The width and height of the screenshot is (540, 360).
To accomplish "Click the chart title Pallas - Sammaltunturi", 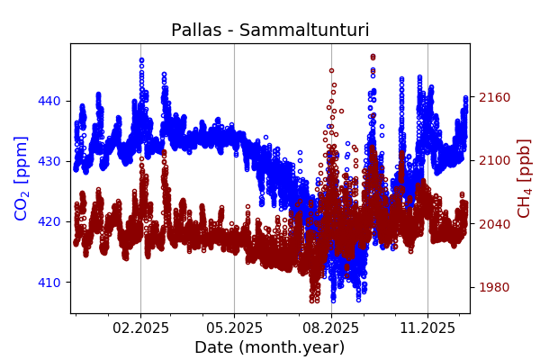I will [x=270, y=31].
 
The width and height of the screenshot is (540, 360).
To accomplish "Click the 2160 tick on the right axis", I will [x=492, y=97].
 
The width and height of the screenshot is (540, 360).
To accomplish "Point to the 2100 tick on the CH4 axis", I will [x=492, y=160].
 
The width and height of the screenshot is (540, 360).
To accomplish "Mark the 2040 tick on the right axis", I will [x=492, y=224].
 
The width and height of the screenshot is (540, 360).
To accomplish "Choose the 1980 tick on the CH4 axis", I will [x=492, y=287].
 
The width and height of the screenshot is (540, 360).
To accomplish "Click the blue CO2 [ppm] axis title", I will [x=22, y=178].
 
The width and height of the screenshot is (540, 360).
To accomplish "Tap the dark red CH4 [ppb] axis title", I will [x=524, y=178].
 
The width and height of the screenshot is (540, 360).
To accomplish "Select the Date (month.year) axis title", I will [x=270, y=347].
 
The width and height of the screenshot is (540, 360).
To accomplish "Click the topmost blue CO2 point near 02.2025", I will [x=141, y=60].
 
